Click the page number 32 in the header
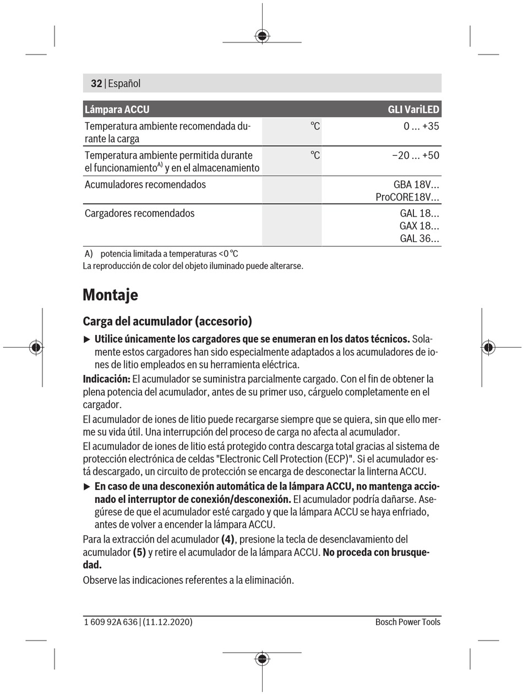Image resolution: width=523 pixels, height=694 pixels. pos(96,84)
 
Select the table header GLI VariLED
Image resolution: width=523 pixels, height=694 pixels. pos(413,110)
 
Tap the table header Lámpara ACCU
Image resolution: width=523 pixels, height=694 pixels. pos(117,110)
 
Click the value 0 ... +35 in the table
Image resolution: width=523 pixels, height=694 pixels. pos(421,126)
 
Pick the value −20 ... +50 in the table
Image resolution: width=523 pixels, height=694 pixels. pos(416,155)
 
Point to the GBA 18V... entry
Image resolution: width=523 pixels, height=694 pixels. pos(416,185)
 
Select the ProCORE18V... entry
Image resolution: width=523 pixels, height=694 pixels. pos(407,197)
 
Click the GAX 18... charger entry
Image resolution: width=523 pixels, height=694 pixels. pos(419,226)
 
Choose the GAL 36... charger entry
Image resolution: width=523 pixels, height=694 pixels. pos(419,238)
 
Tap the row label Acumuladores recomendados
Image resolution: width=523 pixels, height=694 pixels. pos(145,185)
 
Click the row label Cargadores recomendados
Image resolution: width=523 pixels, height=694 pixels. pos(139,213)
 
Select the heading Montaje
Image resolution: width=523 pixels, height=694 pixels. pos(110,295)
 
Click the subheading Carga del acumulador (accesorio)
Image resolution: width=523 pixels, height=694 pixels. pos(167,321)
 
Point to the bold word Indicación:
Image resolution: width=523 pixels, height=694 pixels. pos(106,379)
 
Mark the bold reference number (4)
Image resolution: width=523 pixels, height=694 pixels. pos(228,539)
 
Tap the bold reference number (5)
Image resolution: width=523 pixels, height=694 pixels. pos(139,552)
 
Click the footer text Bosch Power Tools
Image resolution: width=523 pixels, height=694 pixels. pos(407,622)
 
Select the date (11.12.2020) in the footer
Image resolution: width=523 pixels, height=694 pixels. pos(167,622)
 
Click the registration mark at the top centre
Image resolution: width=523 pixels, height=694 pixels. pos(262,36)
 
